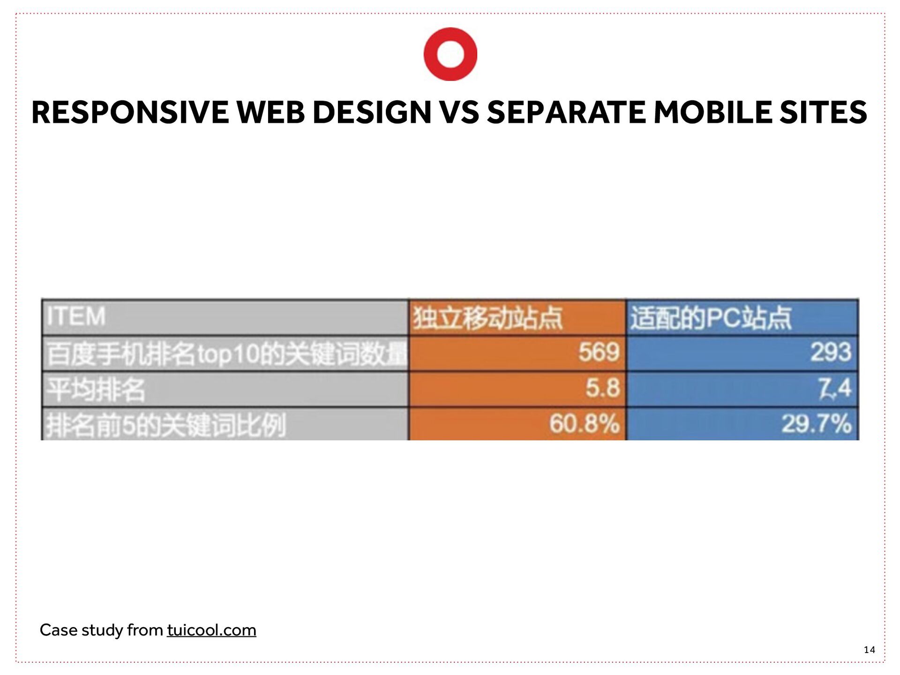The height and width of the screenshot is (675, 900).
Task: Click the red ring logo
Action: pyautogui.click(x=450, y=54)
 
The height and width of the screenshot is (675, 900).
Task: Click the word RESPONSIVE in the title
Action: pyautogui.click(x=129, y=112)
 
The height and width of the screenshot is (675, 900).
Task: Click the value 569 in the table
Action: pyautogui.click(x=599, y=352)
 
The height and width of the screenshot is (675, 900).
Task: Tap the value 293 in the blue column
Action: pyautogui.click(x=831, y=352)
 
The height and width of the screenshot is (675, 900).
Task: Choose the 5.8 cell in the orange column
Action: pyautogui.click(x=603, y=389)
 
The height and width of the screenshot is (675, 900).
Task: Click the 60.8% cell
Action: pyautogui.click(x=584, y=424)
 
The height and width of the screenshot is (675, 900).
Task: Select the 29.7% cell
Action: pyautogui.click(x=816, y=424)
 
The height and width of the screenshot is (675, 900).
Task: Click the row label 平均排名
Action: pyautogui.click(x=96, y=390)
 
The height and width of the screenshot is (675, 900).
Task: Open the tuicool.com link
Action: pyautogui.click(x=211, y=630)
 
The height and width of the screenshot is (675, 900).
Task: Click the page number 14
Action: pyautogui.click(x=869, y=650)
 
